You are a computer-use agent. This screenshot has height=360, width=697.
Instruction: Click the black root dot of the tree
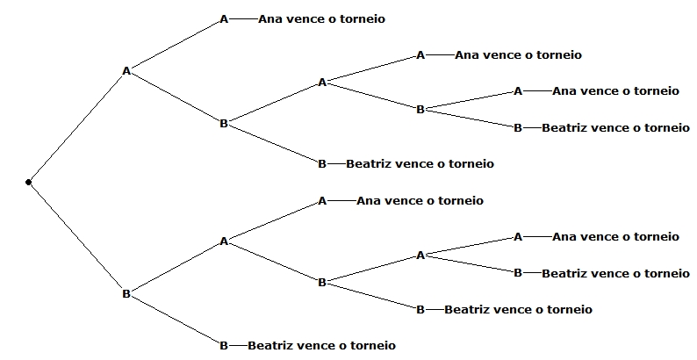28,183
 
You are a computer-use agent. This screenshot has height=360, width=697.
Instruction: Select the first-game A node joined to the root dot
126,70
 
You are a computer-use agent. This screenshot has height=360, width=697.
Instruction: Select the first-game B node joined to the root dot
126,294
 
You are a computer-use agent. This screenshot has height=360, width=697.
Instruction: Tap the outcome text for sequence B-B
321,345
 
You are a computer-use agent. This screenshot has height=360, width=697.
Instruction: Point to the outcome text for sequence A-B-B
420,163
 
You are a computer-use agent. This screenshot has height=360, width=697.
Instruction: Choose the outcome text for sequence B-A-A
420,201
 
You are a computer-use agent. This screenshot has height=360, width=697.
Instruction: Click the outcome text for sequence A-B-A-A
518,55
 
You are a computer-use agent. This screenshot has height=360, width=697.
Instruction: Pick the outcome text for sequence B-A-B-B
518,309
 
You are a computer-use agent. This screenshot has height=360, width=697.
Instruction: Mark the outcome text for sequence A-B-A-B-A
615,90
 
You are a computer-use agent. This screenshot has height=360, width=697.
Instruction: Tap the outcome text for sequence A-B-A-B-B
615,127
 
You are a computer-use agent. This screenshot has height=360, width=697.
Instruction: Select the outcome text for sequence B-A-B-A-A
615,236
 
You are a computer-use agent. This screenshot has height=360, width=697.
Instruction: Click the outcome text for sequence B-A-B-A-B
615,273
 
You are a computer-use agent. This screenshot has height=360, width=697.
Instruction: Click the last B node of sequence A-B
224,124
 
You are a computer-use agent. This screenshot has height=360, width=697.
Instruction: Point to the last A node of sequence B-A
224,241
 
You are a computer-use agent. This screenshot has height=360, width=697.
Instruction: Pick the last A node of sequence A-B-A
322,83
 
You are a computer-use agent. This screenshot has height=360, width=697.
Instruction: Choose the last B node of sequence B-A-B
322,282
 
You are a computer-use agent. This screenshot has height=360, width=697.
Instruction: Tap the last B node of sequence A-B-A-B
420,110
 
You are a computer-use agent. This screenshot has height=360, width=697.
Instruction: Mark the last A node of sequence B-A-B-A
420,255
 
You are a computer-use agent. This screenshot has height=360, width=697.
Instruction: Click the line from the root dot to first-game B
77,238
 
